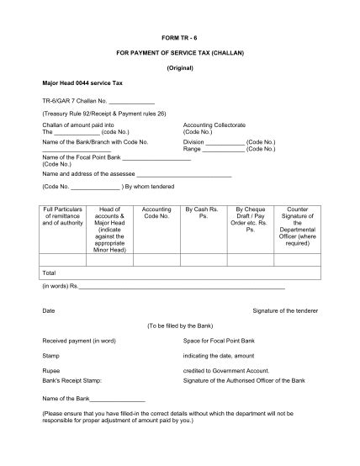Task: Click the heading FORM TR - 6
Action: pos(180,39)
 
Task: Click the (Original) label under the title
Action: pos(180,66)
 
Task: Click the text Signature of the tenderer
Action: pos(285,311)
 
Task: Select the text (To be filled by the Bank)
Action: pos(180,326)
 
